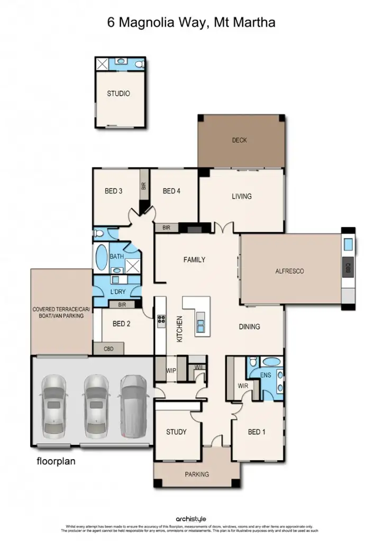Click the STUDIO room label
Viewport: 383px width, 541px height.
(x=118, y=94)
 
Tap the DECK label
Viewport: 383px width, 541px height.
(x=239, y=141)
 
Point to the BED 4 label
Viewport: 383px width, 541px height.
(x=171, y=191)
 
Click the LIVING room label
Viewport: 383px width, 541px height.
(x=241, y=197)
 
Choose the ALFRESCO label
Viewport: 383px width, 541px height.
(x=289, y=271)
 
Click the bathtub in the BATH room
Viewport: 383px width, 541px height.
(x=101, y=257)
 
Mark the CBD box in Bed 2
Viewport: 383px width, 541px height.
(x=108, y=349)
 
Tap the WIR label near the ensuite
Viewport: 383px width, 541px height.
(x=242, y=385)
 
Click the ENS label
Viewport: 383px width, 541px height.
(x=266, y=375)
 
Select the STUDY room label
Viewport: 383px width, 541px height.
(x=176, y=432)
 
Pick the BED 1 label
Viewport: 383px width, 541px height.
(x=257, y=432)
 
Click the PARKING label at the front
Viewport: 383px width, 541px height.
(x=197, y=474)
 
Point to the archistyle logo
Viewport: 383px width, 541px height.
(x=191, y=519)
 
